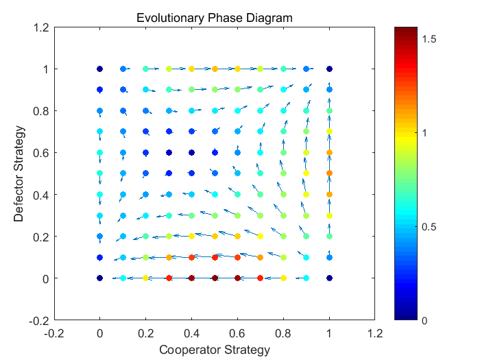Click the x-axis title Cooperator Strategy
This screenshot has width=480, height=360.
pyautogui.click(x=214, y=350)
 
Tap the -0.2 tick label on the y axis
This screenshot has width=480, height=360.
pyautogui.click(x=38, y=320)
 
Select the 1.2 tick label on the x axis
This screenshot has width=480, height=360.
pyautogui.click(x=375, y=333)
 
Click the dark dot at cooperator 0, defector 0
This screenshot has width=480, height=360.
pyautogui.click(x=99, y=278)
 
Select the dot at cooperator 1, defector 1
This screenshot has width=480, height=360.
pyautogui.click(x=329, y=69)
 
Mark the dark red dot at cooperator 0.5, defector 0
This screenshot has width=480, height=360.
pyautogui.click(x=215, y=278)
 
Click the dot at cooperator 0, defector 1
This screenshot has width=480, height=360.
pyautogui.click(x=99, y=69)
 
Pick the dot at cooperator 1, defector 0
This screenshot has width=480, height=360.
pyautogui.click(x=329, y=278)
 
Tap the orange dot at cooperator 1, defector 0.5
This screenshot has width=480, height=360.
pyautogui.click(x=329, y=173)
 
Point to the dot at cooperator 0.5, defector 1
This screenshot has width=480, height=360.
pyautogui.click(x=215, y=69)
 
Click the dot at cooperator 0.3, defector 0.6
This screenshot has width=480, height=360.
pyautogui.click(x=169, y=152)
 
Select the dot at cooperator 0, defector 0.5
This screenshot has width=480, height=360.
pyautogui.click(x=99, y=173)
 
